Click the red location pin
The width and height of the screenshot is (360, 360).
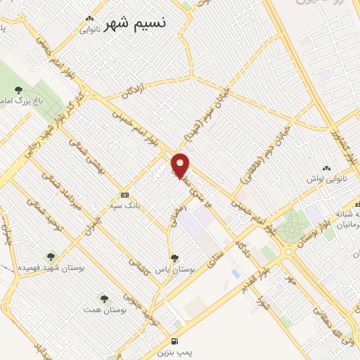pos(181,165)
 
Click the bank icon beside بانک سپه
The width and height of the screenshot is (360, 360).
pos(125,194)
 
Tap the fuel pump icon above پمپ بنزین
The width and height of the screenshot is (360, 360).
pos(174,337)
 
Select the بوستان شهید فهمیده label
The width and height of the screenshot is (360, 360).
pos(50,268)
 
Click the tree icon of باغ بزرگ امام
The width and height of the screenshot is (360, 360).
pos(19,89)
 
